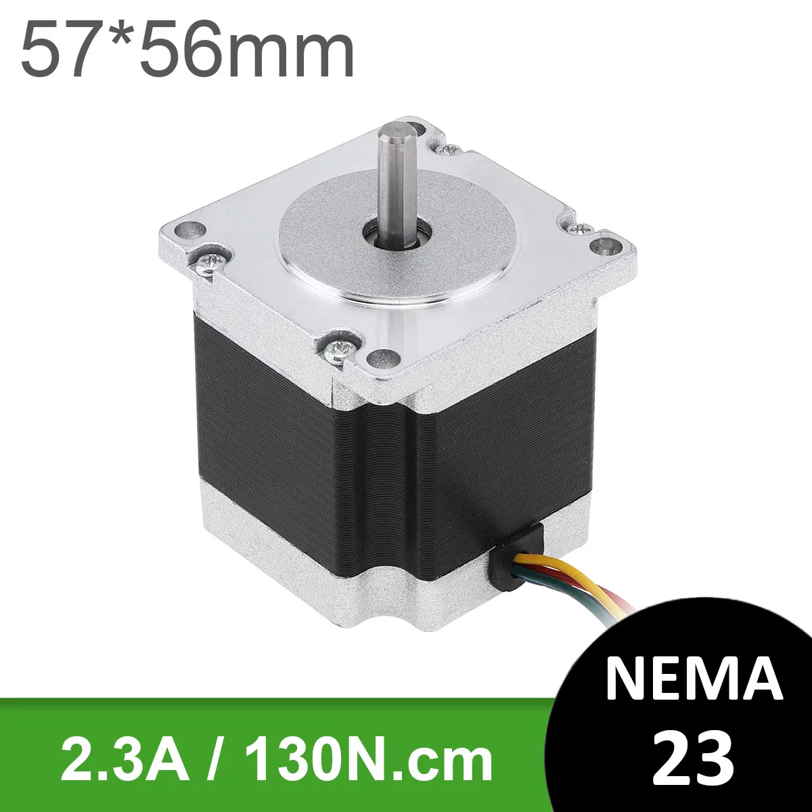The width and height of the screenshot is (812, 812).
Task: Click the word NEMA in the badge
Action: (694, 677)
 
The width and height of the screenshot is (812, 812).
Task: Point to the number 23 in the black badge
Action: (694, 751)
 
